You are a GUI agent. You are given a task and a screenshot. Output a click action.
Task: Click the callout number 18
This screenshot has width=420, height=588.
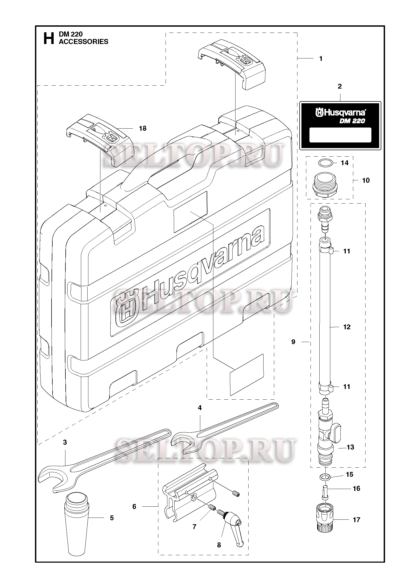click(x=143, y=128)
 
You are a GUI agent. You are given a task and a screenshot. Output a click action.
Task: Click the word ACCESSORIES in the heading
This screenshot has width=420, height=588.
click(x=83, y=42)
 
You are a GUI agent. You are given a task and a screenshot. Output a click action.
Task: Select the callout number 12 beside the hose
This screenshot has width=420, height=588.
click(x=347, y=327)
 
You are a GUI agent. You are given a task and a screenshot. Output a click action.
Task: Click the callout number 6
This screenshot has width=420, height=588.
click(x=134, y=506)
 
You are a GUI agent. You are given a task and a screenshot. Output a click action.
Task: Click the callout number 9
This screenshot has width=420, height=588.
click(x=293, y=342)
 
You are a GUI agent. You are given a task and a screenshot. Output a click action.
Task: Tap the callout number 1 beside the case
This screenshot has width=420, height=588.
click(x=321, y=58)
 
